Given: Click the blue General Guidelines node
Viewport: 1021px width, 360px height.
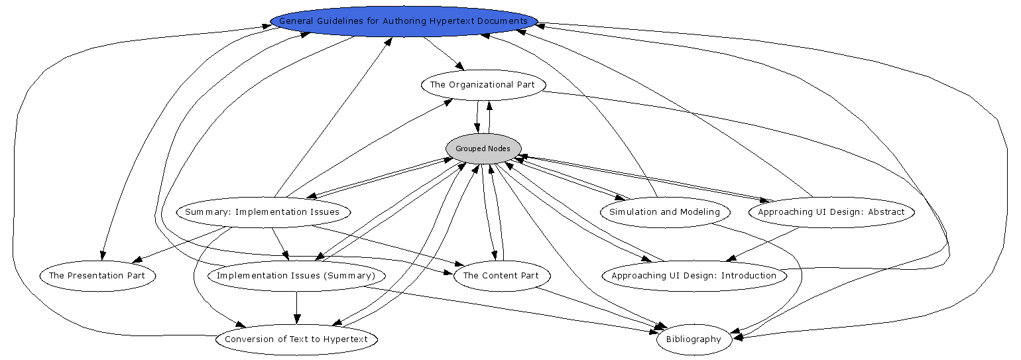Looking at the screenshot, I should (x=404, y=21).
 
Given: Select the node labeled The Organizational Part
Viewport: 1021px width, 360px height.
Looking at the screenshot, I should (x=483, y=85).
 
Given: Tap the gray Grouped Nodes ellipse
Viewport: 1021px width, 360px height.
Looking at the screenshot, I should (x=483, y=149).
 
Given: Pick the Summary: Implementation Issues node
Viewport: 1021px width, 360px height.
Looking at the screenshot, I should (x=263, y=212).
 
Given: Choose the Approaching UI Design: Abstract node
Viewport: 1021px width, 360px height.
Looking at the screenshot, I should (x=831, y=212).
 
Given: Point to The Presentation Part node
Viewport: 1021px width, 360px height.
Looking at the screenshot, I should (x=97, y=276).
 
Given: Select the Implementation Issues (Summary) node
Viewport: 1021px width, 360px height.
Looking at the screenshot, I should (x=296, y=276).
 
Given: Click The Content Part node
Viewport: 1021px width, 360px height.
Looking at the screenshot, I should (x=501, y=276).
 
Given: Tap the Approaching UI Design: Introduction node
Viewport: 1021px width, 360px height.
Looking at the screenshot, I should (x=693, y=276).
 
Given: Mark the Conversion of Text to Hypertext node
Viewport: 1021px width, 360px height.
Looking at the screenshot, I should (x=296, y=339).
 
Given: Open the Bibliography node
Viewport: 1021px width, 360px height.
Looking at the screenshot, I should (x=693, y=339).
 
